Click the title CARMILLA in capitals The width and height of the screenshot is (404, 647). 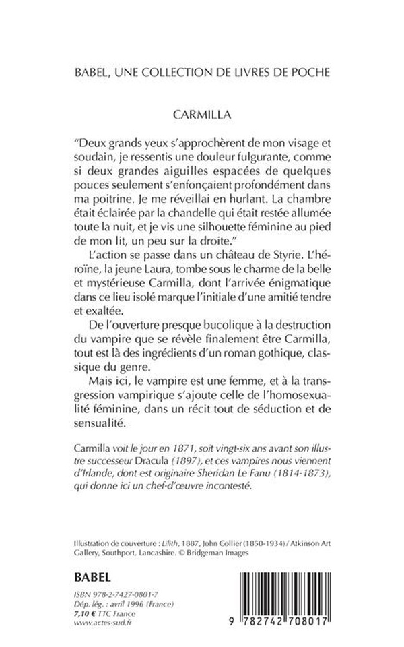coord(201,115)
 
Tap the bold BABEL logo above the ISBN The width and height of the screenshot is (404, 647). coord(92,578)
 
